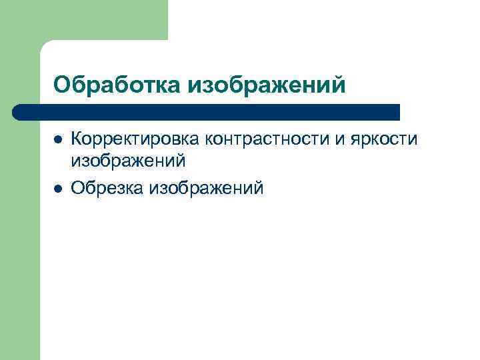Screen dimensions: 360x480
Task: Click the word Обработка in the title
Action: pyautogui.click(x=117, y=85)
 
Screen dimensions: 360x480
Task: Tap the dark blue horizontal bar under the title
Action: pyautogui.click(x=207, y=111)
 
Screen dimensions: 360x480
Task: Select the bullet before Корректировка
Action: pyautogui.click(x=58, y=139)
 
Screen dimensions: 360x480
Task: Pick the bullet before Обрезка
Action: pyautogui.click(x=58, y=189)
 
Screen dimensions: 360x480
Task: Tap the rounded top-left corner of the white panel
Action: pyautogui.click(x=45, y=46)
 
